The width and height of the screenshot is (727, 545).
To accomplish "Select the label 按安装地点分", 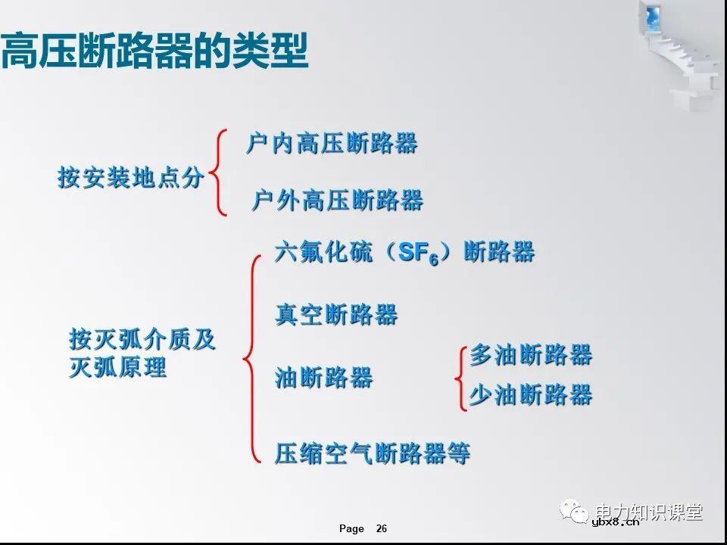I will pos(131,179).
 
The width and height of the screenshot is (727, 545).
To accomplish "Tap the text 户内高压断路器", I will pos(332,143).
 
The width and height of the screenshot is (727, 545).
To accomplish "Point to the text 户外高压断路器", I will pos(337,201).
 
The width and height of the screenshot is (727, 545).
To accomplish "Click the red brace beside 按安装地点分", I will pos(219,173).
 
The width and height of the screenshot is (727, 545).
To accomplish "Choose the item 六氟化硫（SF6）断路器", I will pos(404,253).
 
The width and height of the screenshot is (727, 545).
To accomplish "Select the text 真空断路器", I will pos(336,315).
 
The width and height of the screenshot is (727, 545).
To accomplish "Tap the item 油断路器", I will pos(324,378).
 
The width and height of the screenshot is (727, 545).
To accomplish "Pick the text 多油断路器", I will pos(531,355).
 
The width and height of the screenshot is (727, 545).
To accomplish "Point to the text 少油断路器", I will pos(531,395).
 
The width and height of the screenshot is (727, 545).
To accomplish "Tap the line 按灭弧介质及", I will pos(142,340).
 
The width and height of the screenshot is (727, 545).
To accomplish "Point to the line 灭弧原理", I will pos(118,369).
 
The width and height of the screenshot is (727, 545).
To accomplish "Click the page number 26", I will pos(381,528).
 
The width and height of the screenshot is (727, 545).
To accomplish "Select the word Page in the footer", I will pos(351,528).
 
